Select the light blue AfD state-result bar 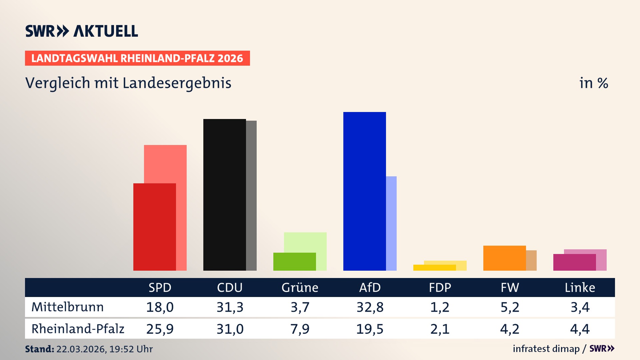[x=391, y=223]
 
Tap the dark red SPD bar [x=154, y=227]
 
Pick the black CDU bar [x=224, y=195]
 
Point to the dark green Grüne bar [x=294, y=262]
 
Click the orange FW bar [x=504, y=258]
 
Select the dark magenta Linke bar [x=574, y=262]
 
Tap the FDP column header [x=440, y=288]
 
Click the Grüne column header [x=300, y=288]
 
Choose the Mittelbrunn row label [x=67, y=307]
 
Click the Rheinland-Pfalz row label [x=78, y=329]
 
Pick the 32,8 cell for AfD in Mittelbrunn [x=370, y=307]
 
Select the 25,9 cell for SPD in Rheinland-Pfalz [x=160, y=329]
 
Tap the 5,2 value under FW [x=510, y=307]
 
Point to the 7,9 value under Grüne [x=300, y=329]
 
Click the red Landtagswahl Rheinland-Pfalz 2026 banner [x=137, y=58]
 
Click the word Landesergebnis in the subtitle [x=177, y=83]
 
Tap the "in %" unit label [x=593, y=83]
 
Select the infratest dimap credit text [x=546, y=349]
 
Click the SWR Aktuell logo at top [x=81, y=31]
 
